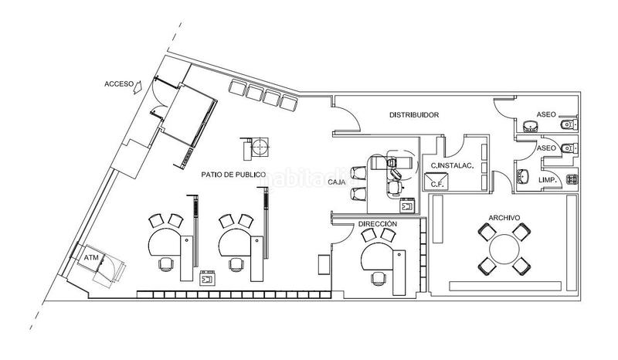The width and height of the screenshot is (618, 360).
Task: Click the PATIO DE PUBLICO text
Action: pos(233,175)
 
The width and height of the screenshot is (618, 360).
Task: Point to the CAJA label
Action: pos(336,182)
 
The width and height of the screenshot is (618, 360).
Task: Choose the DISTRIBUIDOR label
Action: pos(413,115)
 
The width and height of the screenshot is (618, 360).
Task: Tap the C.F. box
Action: pos(436,182)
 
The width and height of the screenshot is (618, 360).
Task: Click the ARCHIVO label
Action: pos(503,218)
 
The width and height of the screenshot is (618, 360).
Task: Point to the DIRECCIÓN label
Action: pos(378,223)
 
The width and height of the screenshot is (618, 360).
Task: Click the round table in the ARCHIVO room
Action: pos(504,249)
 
